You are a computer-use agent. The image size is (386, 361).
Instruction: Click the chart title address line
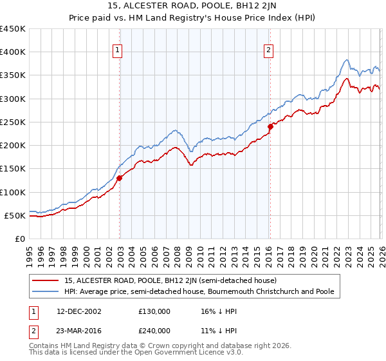[192, 6]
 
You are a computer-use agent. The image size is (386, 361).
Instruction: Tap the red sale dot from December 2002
[120, 178]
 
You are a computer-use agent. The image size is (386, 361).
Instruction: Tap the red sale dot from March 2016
[270, 127]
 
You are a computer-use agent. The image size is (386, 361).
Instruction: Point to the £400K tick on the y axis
[13, 52]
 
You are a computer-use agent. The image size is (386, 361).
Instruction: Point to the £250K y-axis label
[13, 122]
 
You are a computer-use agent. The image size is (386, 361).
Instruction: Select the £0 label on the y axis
[19, 239]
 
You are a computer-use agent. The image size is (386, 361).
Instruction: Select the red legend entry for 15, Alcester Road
[170, 280]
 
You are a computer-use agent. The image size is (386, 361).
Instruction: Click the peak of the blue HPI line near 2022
[347, 60]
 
